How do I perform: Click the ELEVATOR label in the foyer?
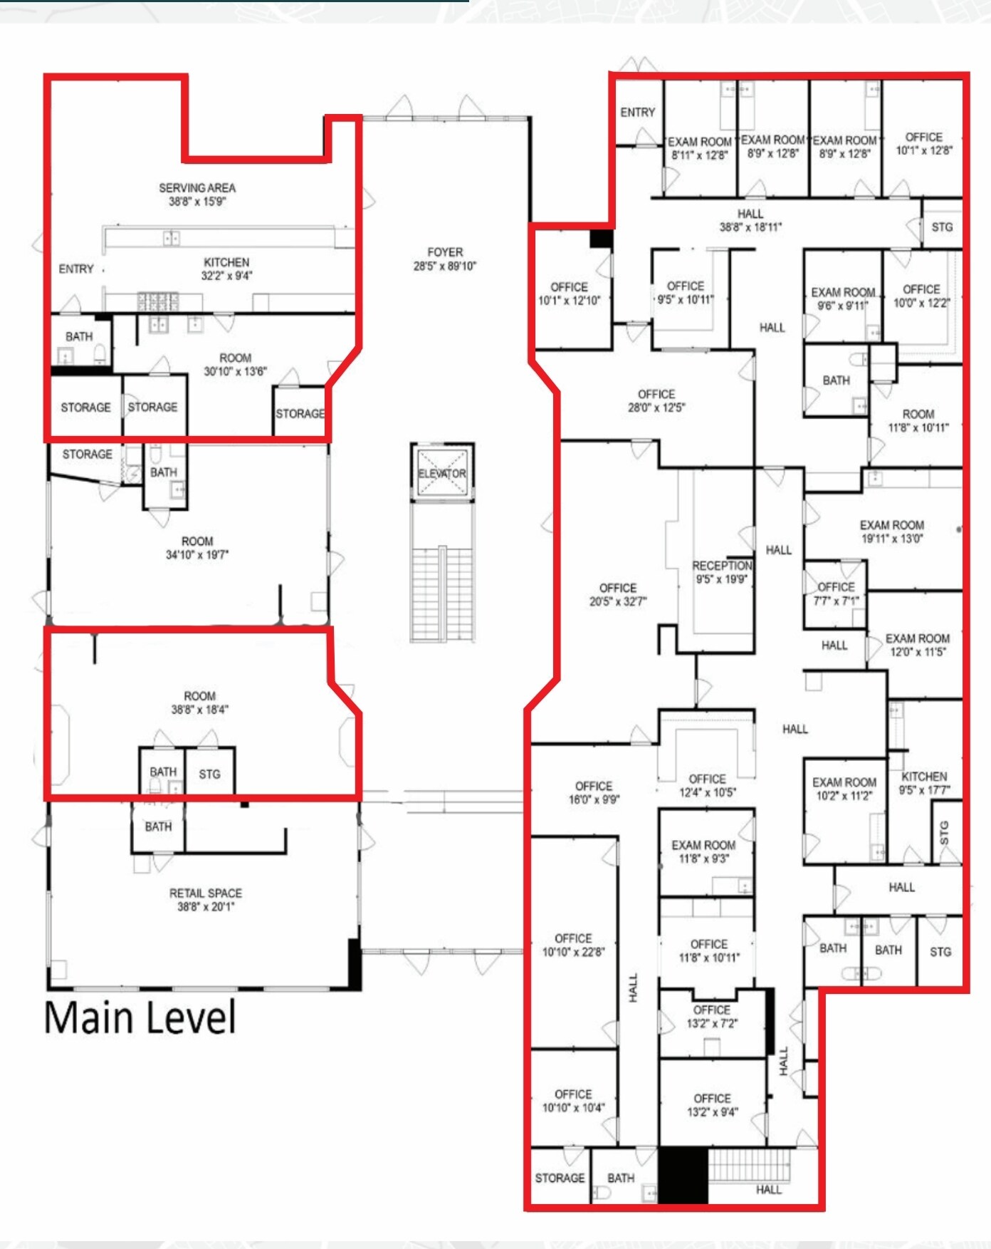442,474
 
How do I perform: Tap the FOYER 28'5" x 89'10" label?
445,259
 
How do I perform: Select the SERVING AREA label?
197,195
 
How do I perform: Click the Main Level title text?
140,1017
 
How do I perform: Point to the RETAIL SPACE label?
206,900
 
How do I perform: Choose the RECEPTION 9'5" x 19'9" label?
722,572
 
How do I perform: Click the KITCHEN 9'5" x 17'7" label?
924,783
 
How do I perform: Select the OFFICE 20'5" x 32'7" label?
618,595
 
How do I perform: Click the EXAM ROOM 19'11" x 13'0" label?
892,532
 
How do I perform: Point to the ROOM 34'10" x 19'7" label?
197,548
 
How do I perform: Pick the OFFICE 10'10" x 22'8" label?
573,945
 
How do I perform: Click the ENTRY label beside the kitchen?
76,269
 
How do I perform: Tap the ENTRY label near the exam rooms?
637,113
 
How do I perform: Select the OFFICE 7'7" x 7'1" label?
836,594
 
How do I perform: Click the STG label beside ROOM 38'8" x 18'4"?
209,774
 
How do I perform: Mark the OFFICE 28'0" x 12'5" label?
656,400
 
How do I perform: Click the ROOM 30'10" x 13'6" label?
235,365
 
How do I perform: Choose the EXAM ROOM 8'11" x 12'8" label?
699,148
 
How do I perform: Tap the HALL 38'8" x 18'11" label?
750,220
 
